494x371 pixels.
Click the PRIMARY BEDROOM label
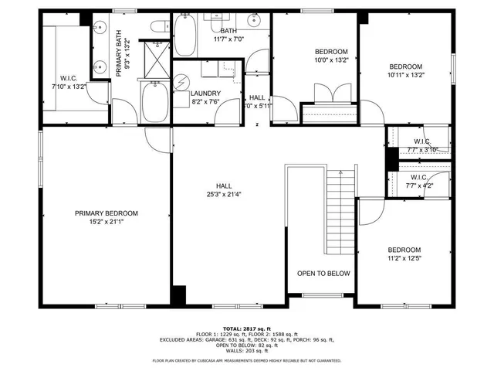[x=106, y=213]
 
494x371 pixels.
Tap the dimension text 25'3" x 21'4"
[x=224, y=195]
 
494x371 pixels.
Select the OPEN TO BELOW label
[x=323, y=274]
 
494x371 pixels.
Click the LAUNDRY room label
[x=205, y=93]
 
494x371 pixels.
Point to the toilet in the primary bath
[x=154, y=29]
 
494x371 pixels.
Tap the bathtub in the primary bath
[x=154, y=104]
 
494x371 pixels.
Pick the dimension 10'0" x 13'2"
[x=331, y=60]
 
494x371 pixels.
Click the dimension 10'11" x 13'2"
[x=405, y=75]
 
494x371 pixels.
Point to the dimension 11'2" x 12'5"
[x=404, y=259]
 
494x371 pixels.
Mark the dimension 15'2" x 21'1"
[x=106, y=222]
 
